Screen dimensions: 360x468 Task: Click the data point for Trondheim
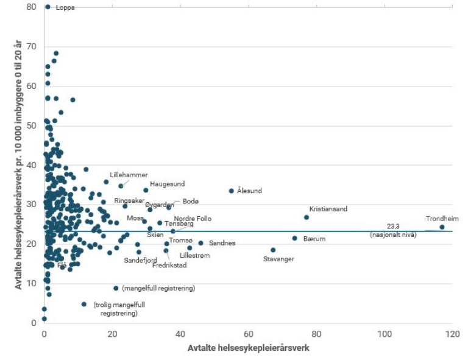click(442, 227)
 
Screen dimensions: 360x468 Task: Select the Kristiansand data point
click(307, 217)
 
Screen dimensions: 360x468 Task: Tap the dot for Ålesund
click(231, 191)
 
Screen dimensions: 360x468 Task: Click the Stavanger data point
click(273, 250)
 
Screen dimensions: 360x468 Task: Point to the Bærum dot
click(294, 238)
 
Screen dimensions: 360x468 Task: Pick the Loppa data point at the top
click(48, 7)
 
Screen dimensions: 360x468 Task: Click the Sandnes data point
click(200, 243)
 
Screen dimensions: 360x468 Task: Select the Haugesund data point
click(146, 190)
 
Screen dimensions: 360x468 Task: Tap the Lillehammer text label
click(129, 175)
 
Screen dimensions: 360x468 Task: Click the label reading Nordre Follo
click(193, 219)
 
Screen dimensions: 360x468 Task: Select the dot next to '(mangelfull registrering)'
click(116, 288)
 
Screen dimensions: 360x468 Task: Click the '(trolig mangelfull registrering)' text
click(119, 309)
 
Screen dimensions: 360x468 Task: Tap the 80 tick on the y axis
click(30, 7)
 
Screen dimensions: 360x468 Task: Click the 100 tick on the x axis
click(384, 334)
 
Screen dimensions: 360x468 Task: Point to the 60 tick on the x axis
click(248, 334)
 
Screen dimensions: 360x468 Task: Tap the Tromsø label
click(180, 241)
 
